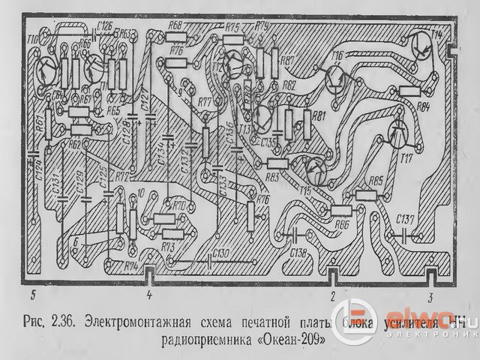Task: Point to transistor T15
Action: click(316, 171)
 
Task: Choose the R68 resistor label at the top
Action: click(176, 25)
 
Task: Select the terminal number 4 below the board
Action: click(149, 295)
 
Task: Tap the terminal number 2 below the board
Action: click(332, 295)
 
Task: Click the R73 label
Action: click(168, 245)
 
